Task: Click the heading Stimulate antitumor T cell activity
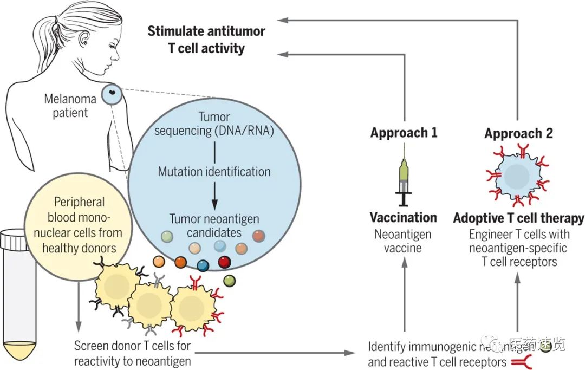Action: point(206,39)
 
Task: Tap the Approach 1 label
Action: point(404,133)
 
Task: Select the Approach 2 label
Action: point(518,133)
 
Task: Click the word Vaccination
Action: point(403,218)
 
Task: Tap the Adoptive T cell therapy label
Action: point(518,218)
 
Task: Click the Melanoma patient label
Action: point(71,106)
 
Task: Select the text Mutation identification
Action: point(214,172)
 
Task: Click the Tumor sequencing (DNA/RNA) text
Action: point(214,124)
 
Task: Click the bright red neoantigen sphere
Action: point(224,263)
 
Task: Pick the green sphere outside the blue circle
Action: point(229,281)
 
